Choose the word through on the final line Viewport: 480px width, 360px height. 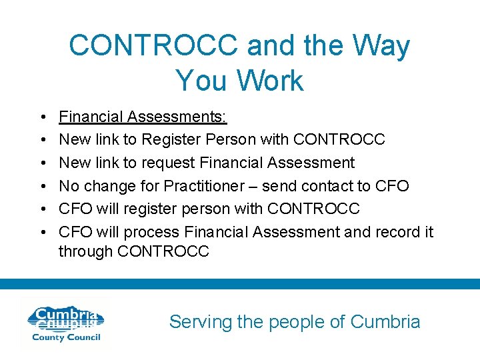pos(85,251)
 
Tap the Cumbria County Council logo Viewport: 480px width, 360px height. pos(64,323)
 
